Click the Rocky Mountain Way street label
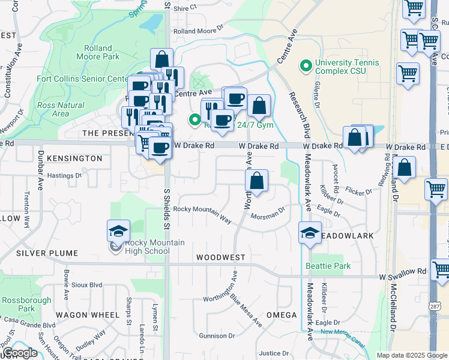[x=202, y=214]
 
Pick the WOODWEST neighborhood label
[x=220, y=257]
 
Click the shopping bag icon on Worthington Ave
[x=256, y=181]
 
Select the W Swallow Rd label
[x=402, y=277]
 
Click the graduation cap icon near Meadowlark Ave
[x=310, y=233]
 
